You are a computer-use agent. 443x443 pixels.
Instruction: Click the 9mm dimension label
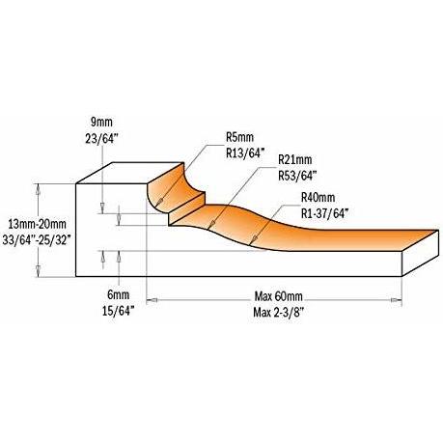(101, 123)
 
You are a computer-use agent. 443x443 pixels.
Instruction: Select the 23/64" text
(102, 139)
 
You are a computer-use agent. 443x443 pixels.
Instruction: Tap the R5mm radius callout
(239, 137)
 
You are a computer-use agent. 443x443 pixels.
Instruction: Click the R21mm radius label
(294, 159)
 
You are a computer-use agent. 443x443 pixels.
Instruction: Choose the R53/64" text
(297, 176)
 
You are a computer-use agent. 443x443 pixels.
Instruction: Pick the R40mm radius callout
(318, 197)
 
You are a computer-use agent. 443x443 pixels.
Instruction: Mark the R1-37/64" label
(325, 213)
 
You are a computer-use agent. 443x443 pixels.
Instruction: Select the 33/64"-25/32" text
(37, 239)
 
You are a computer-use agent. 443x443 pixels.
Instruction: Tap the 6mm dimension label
(119, 294)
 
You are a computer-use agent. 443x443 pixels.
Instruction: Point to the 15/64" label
(118, 311)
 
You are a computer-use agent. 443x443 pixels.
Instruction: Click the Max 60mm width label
(279, 296)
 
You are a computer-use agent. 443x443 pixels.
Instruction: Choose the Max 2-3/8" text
(279, 312)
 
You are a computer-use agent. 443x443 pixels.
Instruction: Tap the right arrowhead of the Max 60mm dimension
(397, 300)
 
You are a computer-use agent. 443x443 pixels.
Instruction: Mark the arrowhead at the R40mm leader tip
(254, 238)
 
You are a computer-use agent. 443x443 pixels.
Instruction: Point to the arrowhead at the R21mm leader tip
(211, 224)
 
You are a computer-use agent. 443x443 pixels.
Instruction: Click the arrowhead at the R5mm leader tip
(159, 202)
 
